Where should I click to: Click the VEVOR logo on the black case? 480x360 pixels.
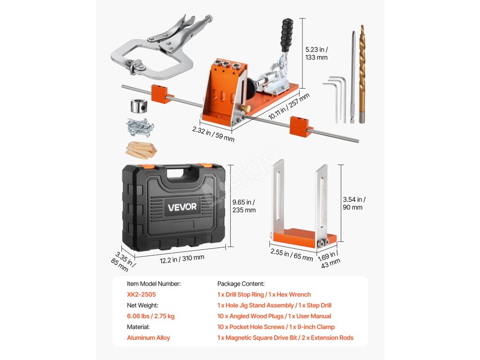pyautogui.click(x=182, y=207)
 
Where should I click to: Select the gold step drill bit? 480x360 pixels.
pyautogui.click(x=362, y=74)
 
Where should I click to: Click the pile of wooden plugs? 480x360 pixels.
pyautogui.click(x=141, y=150)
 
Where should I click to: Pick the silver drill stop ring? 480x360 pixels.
pyautogui.click(x=139, y=106)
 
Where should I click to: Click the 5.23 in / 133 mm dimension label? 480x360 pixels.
pyautogui.click(x=316, y=53)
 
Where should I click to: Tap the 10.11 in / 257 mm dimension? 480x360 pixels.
pyautogui.click(x=289, y=106)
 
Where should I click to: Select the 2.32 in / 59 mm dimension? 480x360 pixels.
pyautogui.click(x=213, y=134)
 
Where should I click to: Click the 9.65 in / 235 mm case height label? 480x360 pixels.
pyautogui.click(x=244, y=206)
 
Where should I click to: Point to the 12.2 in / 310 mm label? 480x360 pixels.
pyautogui.click(x=182, y=259)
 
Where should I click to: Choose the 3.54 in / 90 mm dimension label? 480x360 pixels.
pyautogui.click(x=354, y=203)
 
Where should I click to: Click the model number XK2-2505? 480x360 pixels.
pyautogui.click(x=142, y=294)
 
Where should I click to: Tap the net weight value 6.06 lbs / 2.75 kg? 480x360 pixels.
pyautogui.click(x=150, y=316)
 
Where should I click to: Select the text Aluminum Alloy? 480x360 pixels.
pyautogui.click(x=149, y=337)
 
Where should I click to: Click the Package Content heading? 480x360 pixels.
pyautogui.click(x=241, y=284)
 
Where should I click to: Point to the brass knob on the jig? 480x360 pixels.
pyautogui.click(x=245, y=108)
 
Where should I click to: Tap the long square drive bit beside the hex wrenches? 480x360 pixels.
pyautogui.click(x=353, y=77)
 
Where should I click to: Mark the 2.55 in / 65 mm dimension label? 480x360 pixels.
pyautogui.click(x=292, y=255)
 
